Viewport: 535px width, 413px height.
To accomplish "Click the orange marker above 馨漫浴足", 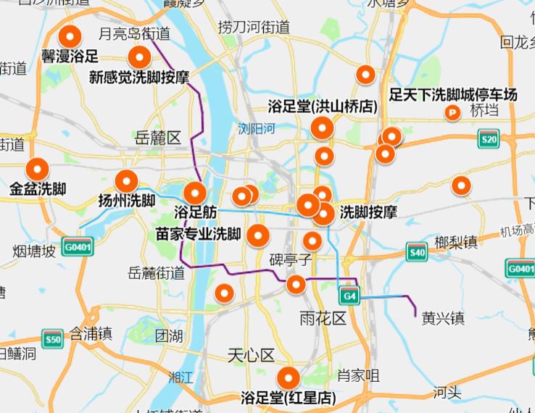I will coord(70,36).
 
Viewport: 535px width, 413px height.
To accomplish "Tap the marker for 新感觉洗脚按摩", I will coord(138,57).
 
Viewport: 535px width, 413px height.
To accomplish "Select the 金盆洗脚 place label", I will coord(38,190).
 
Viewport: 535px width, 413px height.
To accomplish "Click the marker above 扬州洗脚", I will coord(126,180).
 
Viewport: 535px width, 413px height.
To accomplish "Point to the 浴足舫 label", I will coord(196,213).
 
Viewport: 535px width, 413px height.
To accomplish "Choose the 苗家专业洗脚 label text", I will coord(199,235).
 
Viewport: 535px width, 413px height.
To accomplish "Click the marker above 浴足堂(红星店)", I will coord(289,377).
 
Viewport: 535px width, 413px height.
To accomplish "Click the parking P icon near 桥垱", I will coord(454,112).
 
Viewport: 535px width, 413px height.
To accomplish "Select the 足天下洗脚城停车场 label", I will coord(453,94).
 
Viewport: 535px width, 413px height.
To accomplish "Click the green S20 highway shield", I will coord(489,139).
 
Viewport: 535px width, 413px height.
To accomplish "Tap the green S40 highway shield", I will coord(416,253).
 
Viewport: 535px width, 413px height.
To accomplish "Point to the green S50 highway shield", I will coord(51,339).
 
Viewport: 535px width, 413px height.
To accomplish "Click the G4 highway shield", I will coord(349,296).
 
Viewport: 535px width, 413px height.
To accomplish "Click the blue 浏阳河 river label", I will coord(257,129).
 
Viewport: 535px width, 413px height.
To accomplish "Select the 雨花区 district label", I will coord(323,318).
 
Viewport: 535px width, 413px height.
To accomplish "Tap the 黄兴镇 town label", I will coord(443,318).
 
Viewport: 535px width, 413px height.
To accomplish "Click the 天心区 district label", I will coord(252,356).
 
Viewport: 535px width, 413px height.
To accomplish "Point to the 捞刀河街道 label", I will coord(254,28).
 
